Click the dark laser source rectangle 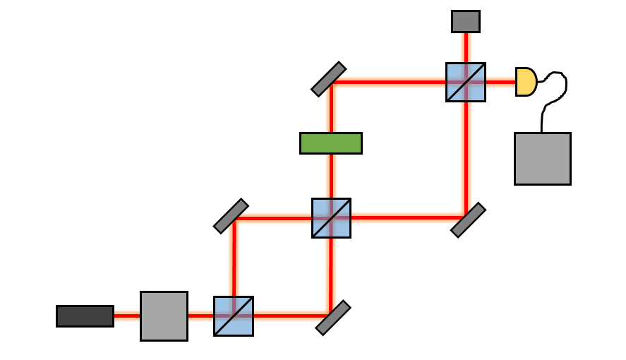(85, 316)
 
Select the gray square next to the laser (164, 316)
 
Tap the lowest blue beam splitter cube (234, 316)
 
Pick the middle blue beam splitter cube (331, 217)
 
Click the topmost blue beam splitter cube (466, 82)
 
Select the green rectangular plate (331, 143)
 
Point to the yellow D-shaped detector (525, 82)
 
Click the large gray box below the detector (542, 158)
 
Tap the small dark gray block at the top (466, 21)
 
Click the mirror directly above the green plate (329, 79)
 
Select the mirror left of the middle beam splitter (231, 216)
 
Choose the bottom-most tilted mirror (333, 318)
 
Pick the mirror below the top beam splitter (468, 220)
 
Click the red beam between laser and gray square (127, 316)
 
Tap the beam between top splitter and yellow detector (500, 82)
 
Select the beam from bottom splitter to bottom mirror (289, 316)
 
